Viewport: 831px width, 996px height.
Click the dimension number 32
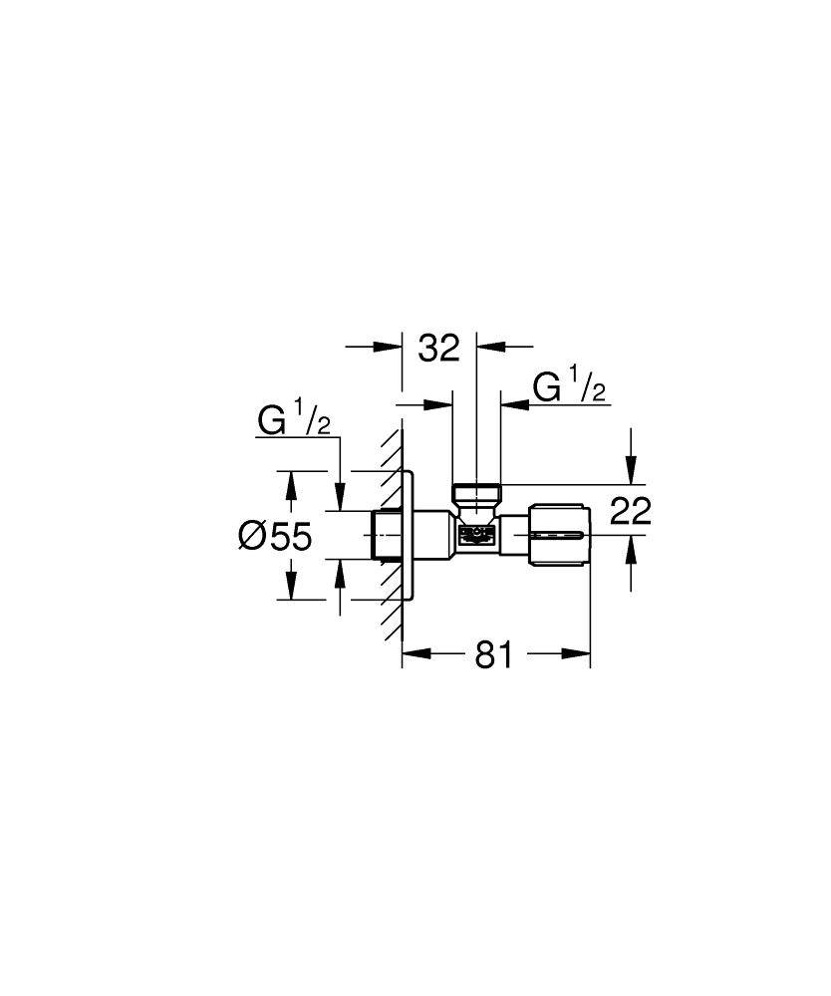tap(438, 348)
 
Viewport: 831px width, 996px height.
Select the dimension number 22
tap(629, 511)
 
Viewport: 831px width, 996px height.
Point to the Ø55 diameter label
tap(276, 537)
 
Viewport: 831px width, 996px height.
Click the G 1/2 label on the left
tap(294, 421)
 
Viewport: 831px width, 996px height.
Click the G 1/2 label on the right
tap(569, 386)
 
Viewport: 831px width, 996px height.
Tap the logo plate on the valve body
tap(475, 536)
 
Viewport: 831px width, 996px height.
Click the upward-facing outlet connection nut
tap(476, 493)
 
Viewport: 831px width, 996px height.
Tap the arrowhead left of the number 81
tap(415, 654)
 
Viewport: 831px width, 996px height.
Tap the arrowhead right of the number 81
tap(577, 654)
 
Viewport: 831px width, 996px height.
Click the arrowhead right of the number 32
tap(490, 347)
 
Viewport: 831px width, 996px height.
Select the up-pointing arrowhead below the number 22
tap(629, 550)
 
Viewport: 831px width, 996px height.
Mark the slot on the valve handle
tap(557, 536)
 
